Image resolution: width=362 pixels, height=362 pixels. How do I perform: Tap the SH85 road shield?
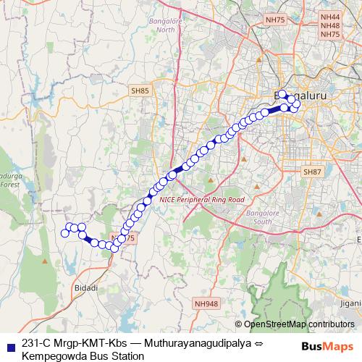[140, 90]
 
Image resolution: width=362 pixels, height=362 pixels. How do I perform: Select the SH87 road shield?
[311, 172]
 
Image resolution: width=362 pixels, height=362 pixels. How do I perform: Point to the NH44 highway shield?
[329, 16]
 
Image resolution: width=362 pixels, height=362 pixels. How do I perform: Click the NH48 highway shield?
[329, 25]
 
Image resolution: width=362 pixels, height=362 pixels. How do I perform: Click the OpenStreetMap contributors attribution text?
[299, 324]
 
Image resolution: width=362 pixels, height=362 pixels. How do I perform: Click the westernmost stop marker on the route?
[65, 232]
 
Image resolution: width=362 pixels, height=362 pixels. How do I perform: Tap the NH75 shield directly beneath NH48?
[329, 34]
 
